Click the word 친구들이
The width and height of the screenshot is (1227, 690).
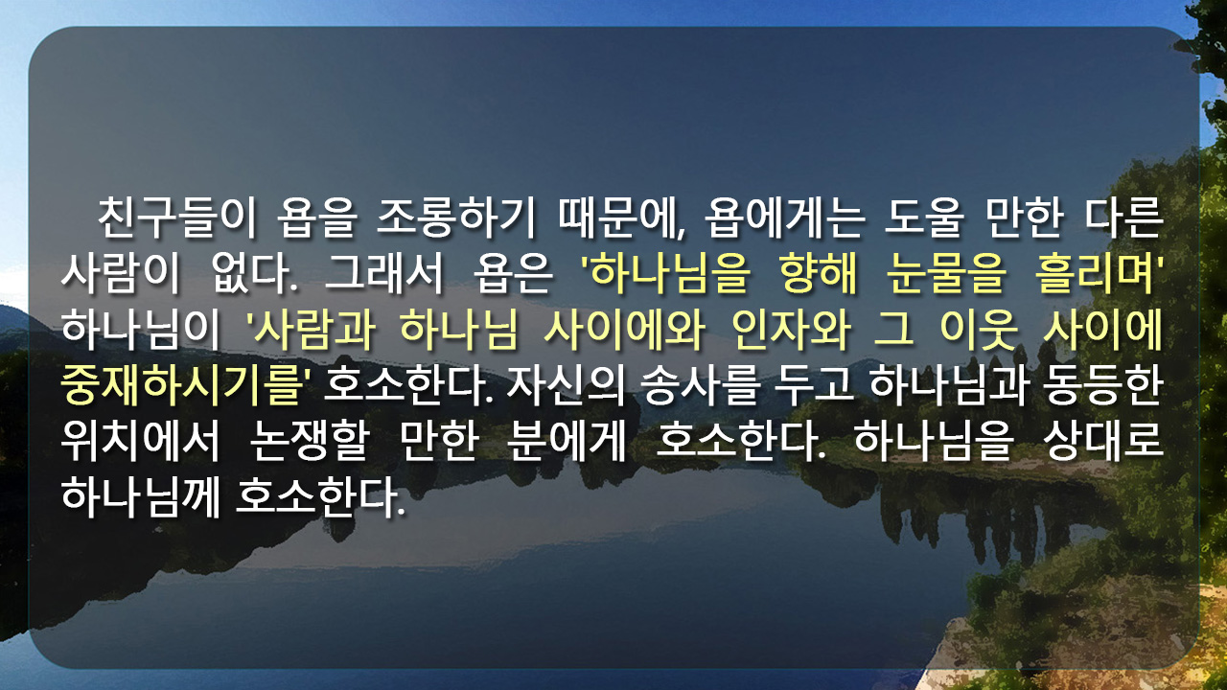177,218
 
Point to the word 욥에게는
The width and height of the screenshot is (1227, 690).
784,218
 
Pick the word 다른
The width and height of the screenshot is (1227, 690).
1124,218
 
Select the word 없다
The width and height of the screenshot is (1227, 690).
255,273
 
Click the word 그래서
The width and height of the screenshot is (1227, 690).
382,273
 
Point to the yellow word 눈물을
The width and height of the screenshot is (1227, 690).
946,273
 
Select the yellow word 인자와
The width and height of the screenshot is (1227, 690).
792,330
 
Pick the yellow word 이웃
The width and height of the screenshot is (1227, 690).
979,330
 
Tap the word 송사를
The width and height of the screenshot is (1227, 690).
700,385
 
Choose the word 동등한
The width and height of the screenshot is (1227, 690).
1102,385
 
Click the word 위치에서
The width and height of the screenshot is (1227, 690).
140,442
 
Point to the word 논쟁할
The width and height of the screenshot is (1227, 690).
310,442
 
